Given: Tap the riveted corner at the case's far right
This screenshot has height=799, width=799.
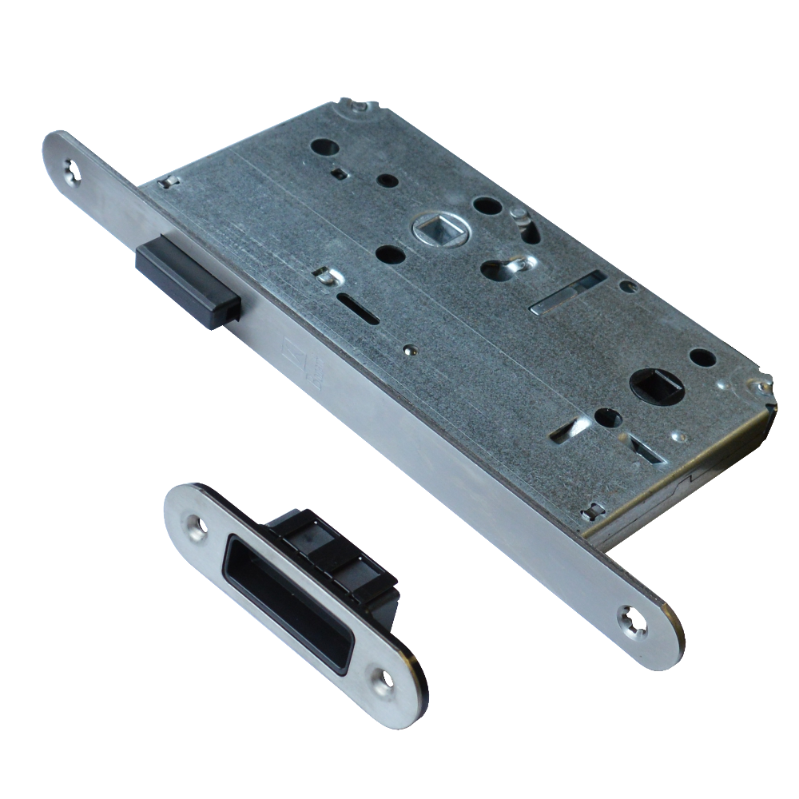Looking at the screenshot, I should [763, 392].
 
